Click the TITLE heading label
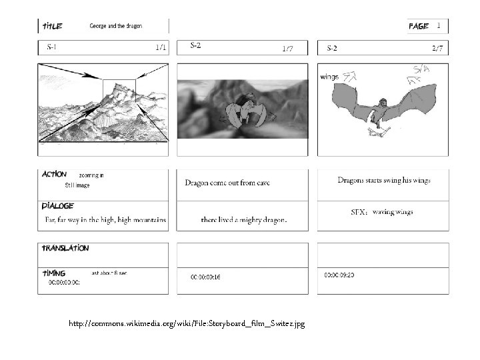[x=53, y=26]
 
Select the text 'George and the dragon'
[x=115, y=26]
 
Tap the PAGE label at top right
[x=419, y=26]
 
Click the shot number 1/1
[x=160, y=47]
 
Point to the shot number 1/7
[x=287, y=49]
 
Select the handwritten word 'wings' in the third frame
[x=329, y=77]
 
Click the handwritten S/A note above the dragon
[x=421, y=70]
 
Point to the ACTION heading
[x=54, y=174]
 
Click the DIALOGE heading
[x=57, y=206]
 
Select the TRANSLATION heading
[x=65, y=247]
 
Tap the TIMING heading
[x=54, y=273]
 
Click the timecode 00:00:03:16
[x=206, y=276]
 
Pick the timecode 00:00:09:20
[x=340, y=275]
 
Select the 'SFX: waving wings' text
[x=382, y=212]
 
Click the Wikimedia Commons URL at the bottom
[x=187, y=323]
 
